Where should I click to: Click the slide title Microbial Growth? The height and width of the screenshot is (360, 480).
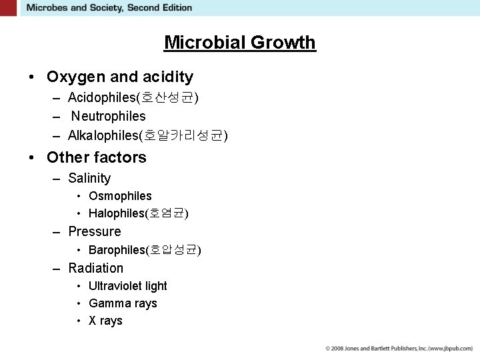coord(240,43)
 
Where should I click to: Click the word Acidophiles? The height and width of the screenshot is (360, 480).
coord(101,98)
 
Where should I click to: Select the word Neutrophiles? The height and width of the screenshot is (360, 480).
coord(109,117)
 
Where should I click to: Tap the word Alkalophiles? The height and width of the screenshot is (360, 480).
coord(103,136)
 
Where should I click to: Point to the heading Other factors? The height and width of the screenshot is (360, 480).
coord(97,158)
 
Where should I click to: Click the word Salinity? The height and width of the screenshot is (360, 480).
coord(89,179)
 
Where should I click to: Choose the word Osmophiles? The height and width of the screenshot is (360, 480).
coord(120,196)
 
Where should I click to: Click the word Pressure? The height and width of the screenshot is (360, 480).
coord(95,232)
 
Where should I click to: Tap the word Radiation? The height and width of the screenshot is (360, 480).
coord(96,269)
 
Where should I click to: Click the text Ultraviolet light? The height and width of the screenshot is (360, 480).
coord(128,286)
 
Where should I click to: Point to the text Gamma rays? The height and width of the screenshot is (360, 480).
coord(123,303)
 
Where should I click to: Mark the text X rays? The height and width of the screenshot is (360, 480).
coord(105,321)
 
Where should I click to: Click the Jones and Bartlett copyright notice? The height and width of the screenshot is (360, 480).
coord(399,349)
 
